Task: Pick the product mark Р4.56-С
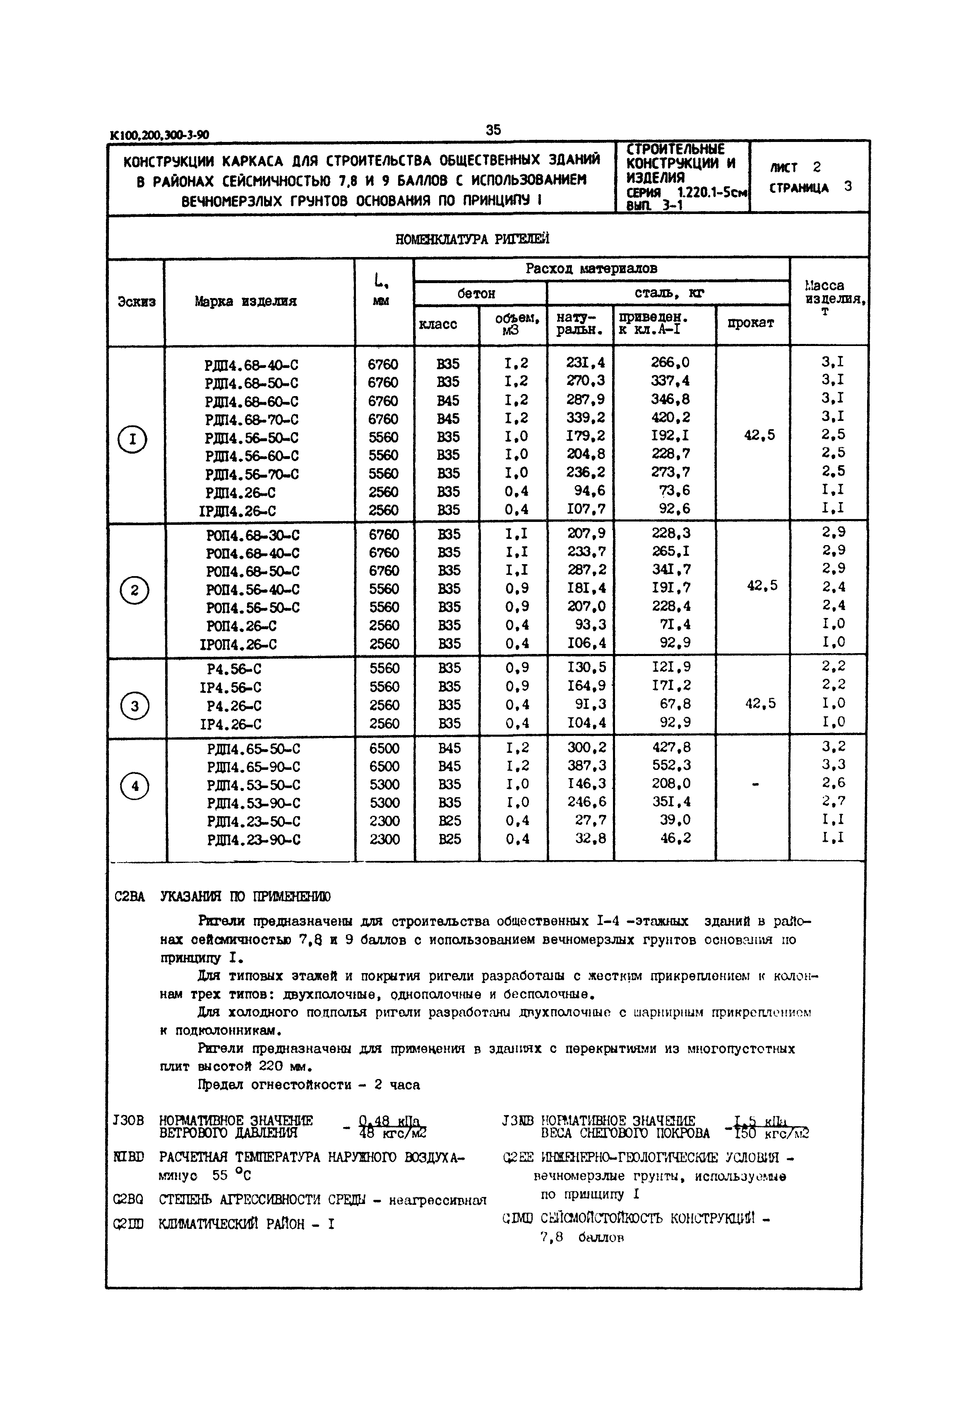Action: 234,669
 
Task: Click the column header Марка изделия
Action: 246,301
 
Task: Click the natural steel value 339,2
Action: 585,418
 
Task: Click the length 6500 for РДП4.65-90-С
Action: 384,767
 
